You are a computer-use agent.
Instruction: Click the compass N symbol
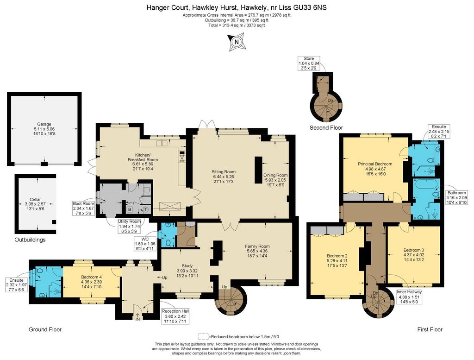[x=237, y=42]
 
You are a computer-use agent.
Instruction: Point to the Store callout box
[x=309, y=63]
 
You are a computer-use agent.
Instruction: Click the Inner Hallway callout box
[x=409, y=297]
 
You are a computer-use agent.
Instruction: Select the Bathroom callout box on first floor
[x=456, y=197]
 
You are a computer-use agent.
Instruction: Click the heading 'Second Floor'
[x=326, y=128]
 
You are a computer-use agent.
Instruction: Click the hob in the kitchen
[x=182, y=157]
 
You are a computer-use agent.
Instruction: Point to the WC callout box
[x=145, y=244]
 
